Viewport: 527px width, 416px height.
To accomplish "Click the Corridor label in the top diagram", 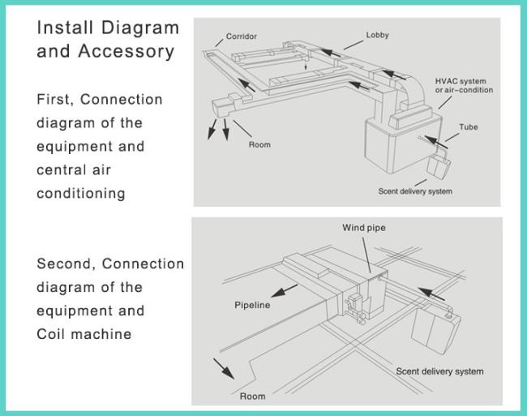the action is click(242, 36).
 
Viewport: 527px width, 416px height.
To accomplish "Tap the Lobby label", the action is click(378, 36).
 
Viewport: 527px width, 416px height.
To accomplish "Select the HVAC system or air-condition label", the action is click(464, 86).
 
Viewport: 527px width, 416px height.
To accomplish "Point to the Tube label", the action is click(469, 127).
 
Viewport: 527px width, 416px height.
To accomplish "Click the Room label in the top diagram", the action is click(259, 145).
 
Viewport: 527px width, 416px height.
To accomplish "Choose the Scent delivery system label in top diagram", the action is click(415, 191).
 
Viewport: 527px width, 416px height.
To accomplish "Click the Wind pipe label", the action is click(364, 228).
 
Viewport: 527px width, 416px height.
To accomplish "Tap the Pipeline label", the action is click(252, 305).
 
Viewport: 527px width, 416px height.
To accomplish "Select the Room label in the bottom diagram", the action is click(252, 397).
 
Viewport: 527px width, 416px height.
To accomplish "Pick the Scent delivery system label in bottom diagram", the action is click(439, 371).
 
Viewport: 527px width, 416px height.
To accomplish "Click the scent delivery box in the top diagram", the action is click(439, 166).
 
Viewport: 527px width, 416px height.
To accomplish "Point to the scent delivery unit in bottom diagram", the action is click(435, 331).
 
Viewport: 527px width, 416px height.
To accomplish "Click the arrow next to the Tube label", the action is click(436, 142).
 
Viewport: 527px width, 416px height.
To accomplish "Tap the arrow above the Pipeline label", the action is click(284, 290).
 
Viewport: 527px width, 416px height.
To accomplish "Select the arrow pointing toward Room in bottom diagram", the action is click(224, 369).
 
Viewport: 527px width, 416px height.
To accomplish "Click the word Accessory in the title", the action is click(126, 52).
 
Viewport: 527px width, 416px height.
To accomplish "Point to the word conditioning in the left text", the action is click(81, 194).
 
